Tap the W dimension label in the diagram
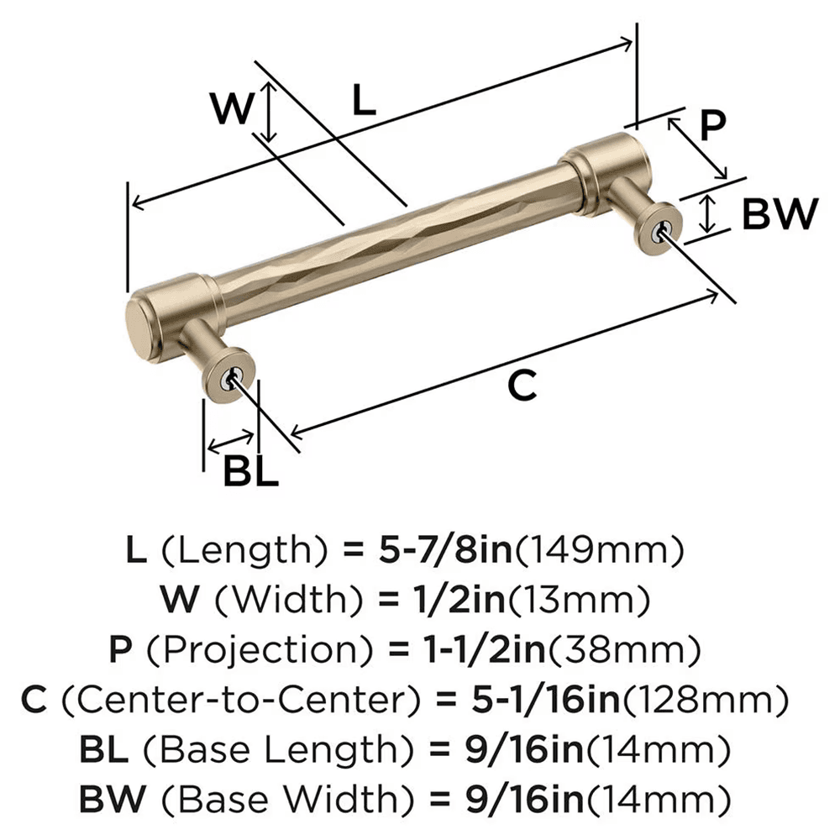pyautogui.click(x=229, y=109)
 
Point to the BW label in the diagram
pyautogui.click(x=779, y=215)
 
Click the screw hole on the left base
pyautogui.click(x=227, y=380)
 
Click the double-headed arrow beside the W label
pyautogui.click(x=267, y=113)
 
